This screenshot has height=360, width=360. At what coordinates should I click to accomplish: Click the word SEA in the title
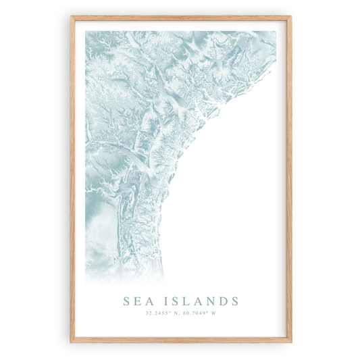click(137, 301)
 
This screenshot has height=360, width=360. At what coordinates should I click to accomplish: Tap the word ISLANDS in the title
click(201, 301)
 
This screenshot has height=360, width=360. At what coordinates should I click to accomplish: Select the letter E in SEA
click(137, 301)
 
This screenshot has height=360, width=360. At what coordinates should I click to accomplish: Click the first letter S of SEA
click(126, 301)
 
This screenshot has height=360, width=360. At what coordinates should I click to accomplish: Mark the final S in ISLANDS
click(234, 301)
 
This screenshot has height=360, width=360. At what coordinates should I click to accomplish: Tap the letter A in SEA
click(149, 301)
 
